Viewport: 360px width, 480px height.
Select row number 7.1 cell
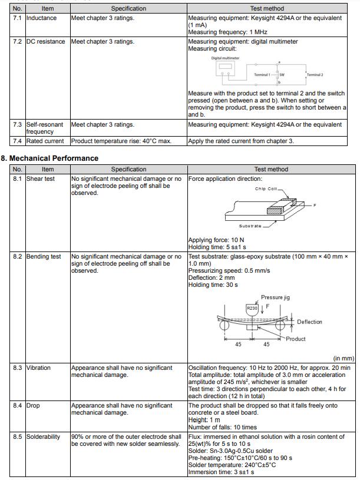[17, 18]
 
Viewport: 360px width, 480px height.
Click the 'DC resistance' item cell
[46, 42]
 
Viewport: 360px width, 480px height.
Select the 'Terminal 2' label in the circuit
[315, 75]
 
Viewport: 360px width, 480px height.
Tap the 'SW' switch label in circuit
[282, 75]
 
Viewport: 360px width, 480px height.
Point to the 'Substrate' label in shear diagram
[250, 226]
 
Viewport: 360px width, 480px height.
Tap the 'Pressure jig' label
[275, 298]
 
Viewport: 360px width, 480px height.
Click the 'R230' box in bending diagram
[252, 308]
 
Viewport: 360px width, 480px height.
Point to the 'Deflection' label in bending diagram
[309, 322]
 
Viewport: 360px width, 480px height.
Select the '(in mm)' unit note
[344, 357]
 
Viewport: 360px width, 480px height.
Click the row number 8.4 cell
[17, 405]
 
